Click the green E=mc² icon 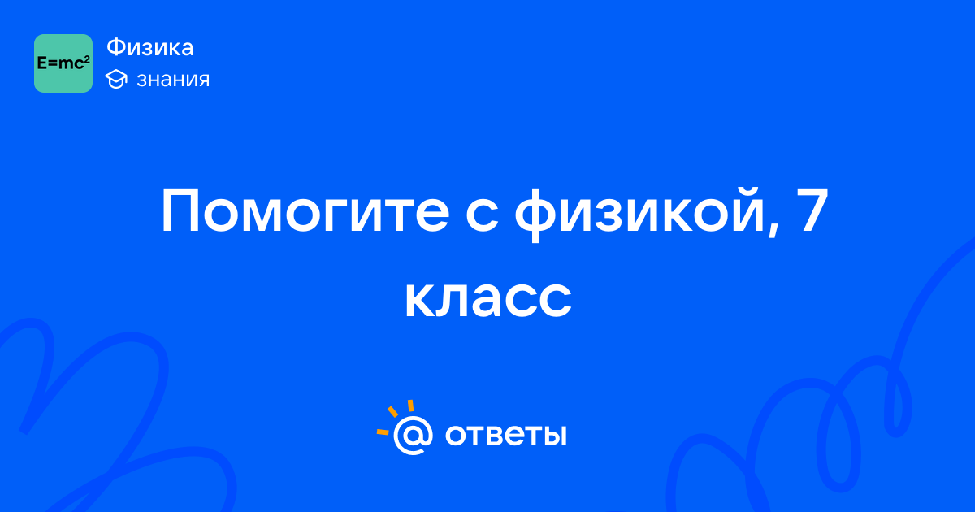[x=63, y=63]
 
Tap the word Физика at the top [x=150, y=47]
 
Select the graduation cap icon [x=116, y=79]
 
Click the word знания [x=173, y=80]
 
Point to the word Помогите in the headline [x=305, y=211]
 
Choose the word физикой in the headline [x=640, y=214]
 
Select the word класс [x=488, y=297]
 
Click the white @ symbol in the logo [x=413, y=435]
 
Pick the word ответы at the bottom [x=505, y=435]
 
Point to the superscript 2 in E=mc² [x=87, y=59]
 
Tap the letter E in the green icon [x=41, y=63]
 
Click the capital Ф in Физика [x=115, y=47]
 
